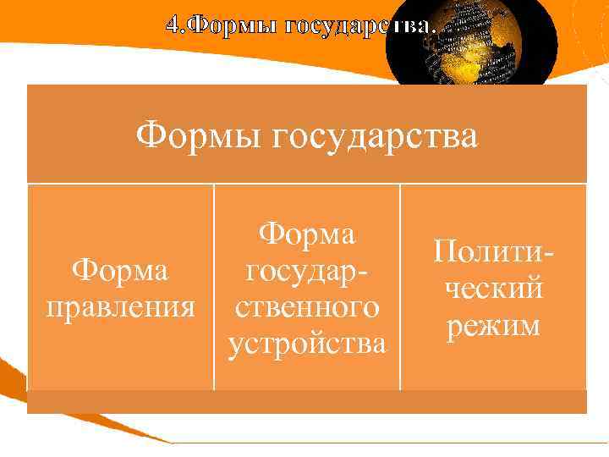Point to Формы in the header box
click(200, 135)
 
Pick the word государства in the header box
click(376, 135)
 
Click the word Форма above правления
click(120, 273)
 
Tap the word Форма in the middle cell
click(307, 234)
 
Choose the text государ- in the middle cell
click(307, 271)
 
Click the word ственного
click(307, 306)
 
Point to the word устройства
click(307, 344)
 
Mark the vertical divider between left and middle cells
click(213, 288)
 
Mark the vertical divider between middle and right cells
click(400, 288)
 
